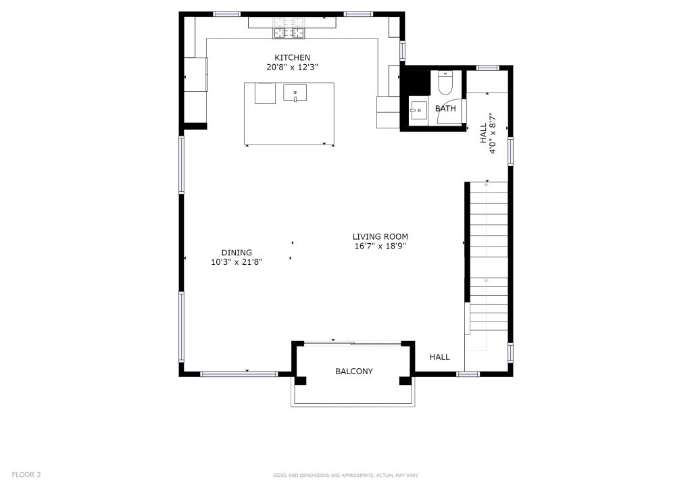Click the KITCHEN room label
(292, 57)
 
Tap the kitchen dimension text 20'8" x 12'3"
(292, 68)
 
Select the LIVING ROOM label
(380, 237)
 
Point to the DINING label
(237, 253)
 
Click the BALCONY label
(354, 371)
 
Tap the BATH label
(445, 109)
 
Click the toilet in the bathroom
(445, 82)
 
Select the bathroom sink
(418, 110)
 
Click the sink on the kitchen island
(295, 93)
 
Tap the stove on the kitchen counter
(289, 28)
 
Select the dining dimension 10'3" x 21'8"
(237, 262)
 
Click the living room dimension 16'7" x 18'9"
(380, 247)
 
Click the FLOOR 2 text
(26, 475)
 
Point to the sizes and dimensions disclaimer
(345, 475)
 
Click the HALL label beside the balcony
(439, 357)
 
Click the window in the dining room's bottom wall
(239, 374)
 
